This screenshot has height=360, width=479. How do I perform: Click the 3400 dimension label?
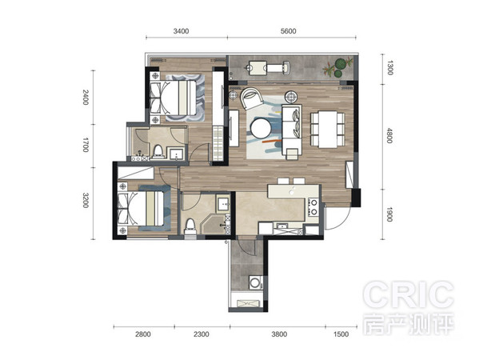click(181, 31)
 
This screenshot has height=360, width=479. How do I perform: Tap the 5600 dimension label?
click(288, 31)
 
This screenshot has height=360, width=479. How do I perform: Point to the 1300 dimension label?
click(389, 67)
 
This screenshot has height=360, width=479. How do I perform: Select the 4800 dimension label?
click(389, 135)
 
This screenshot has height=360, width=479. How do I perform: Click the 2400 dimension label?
click(86, 97)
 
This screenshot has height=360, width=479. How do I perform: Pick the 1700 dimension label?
click(86, 145)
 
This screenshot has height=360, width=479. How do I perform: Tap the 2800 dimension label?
click(143, 334)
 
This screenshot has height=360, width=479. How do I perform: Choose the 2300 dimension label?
click(202, 334)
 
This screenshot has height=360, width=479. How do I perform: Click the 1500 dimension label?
click(341, 334)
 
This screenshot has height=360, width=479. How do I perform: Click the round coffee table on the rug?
click(261, 128)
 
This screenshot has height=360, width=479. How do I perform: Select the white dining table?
click(328, 130)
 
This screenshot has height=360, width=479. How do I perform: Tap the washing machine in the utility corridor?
click(255, 282)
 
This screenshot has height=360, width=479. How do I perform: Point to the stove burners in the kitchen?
click(313, 207)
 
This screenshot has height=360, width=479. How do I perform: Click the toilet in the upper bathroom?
click(158, 152)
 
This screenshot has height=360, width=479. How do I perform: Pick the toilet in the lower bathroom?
click(190, 226)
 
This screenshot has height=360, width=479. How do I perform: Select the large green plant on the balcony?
click(341, 64)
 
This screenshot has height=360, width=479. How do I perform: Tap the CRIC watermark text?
click(409, 294)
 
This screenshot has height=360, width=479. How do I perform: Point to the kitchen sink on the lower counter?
click(282, 226)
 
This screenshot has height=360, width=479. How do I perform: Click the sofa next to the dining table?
click(292, 131)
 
